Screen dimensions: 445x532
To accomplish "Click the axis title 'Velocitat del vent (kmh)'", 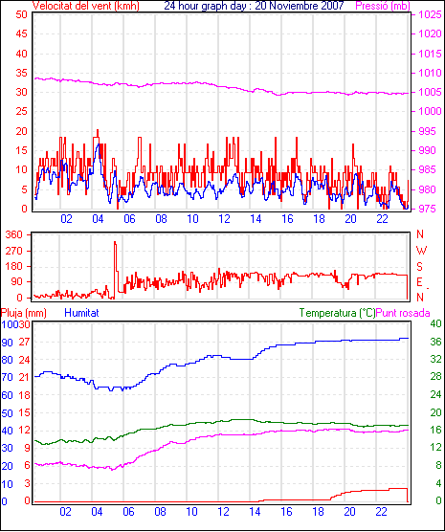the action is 86,6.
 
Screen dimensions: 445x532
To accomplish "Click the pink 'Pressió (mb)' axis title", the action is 383,6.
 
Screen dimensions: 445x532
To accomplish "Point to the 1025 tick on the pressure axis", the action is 430,14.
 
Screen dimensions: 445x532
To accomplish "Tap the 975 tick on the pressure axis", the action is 427,209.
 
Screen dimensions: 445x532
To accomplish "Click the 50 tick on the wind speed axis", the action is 21,14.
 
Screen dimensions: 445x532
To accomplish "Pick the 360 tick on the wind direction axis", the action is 14,234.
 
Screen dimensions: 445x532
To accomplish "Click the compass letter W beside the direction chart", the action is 421,251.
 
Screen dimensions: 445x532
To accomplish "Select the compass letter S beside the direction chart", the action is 420,267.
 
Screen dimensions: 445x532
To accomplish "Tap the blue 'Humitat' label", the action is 81,313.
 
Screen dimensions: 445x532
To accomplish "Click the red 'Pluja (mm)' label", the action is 23,313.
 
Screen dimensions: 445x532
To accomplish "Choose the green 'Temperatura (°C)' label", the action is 338,313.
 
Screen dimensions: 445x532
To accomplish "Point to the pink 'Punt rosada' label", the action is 403,313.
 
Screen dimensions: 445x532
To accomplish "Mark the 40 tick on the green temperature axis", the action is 435,323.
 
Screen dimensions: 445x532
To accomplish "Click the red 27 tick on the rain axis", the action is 24,342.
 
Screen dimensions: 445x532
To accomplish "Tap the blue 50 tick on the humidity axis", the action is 7,413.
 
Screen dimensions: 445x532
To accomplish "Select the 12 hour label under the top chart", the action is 224,219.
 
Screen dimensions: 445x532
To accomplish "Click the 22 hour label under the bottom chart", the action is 381,511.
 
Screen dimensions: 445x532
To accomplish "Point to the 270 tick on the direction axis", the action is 14,251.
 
